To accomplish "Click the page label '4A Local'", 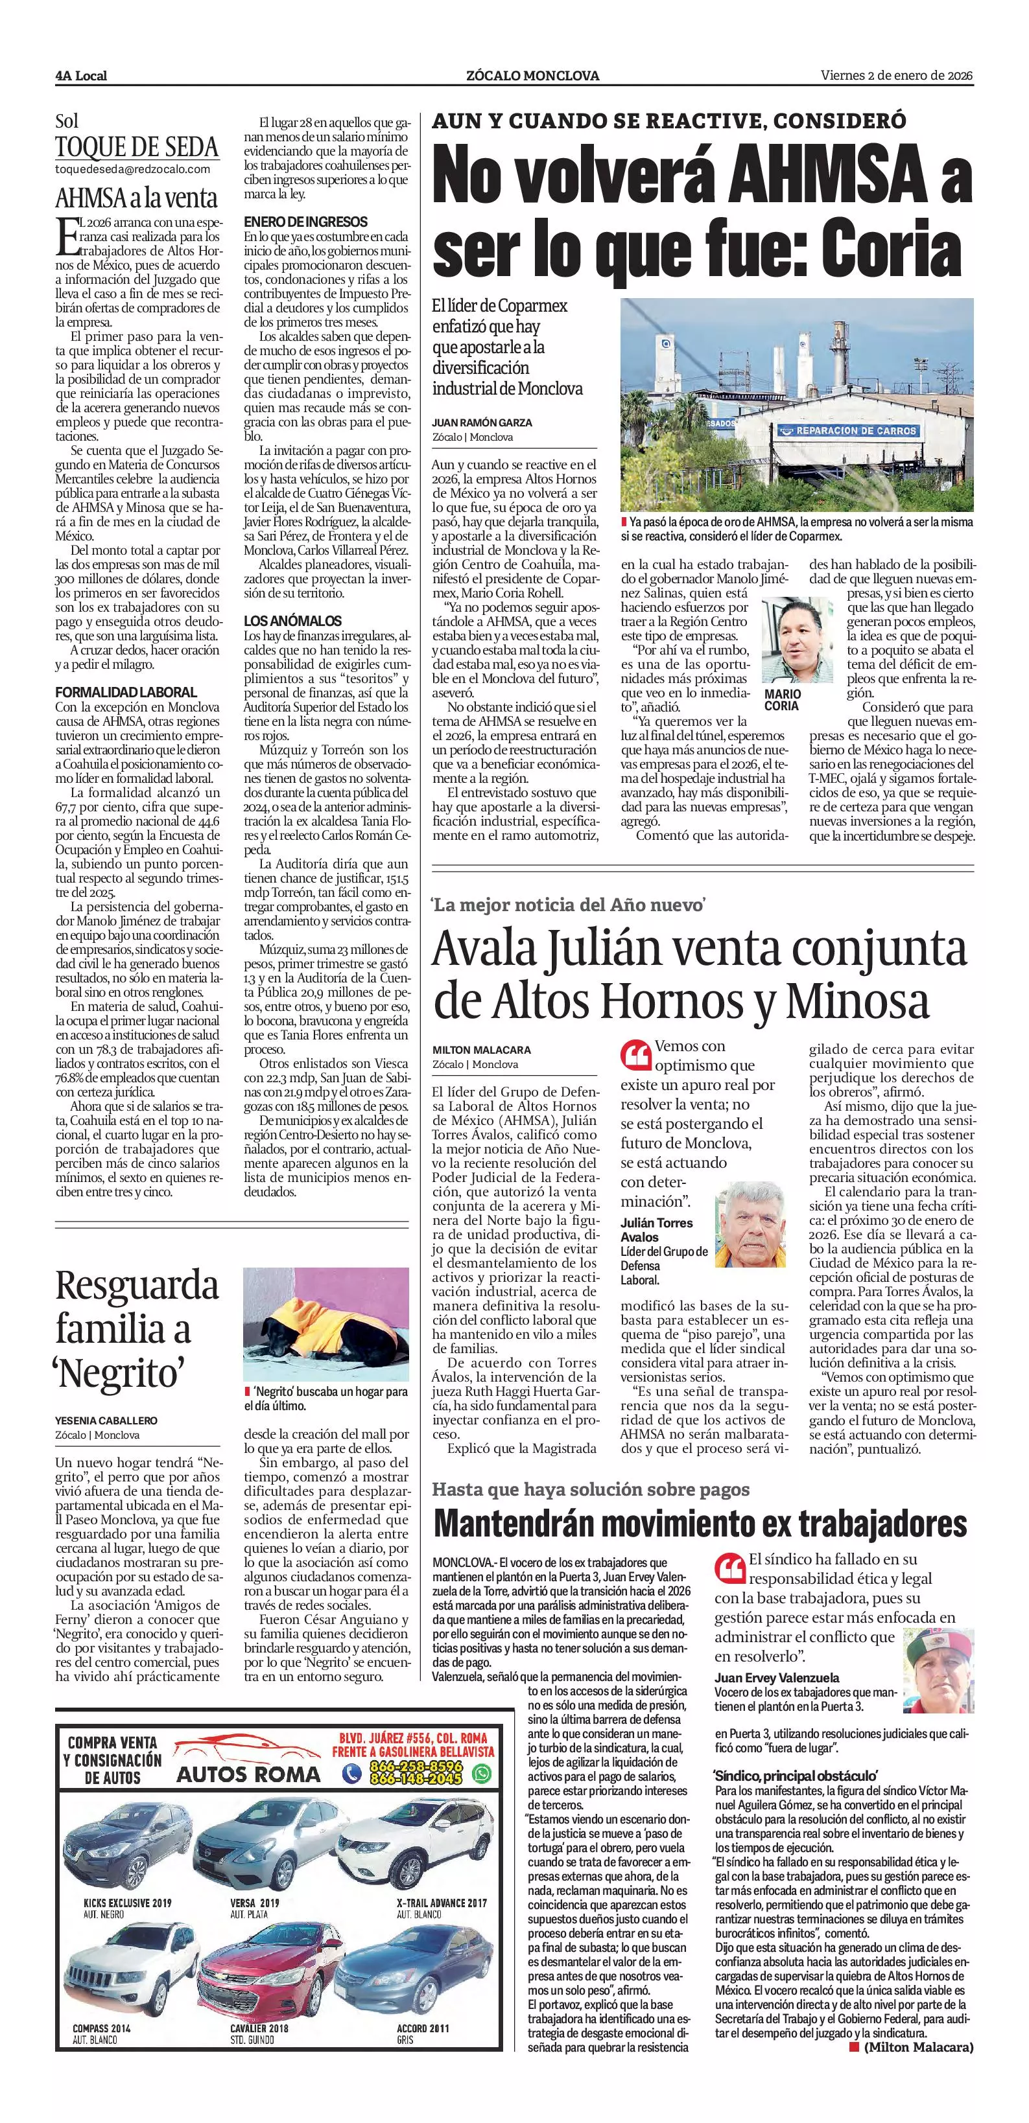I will point(81,76).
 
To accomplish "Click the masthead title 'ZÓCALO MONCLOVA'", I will point(532,76).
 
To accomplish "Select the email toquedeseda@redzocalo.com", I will point(132,169).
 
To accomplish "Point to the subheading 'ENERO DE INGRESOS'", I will point(306,222).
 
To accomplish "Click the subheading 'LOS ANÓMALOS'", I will point(292,621).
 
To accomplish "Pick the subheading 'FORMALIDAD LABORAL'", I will point(126,692).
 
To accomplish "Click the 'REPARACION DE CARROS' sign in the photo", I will point(845,431).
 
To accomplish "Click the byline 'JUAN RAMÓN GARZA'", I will point(482,422).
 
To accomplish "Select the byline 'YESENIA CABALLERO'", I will point(106,1420).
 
